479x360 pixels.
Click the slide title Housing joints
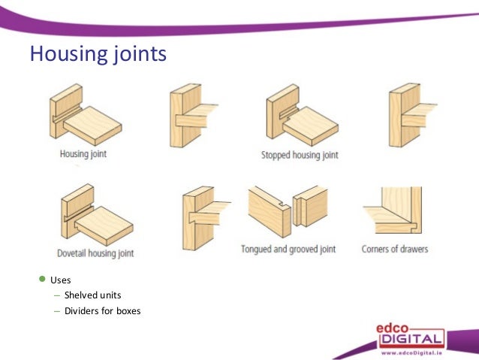pos(98,54)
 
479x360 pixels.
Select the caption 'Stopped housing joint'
pos(300,155)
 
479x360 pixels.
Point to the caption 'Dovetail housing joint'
pos(95,253)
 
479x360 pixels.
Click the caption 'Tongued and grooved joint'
pos(288,249)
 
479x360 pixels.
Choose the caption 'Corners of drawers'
pos(394,249)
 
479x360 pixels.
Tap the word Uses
pos(60,280)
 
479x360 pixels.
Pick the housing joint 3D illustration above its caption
pos(83,116)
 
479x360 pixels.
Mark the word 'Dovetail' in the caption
pos(74,253)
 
